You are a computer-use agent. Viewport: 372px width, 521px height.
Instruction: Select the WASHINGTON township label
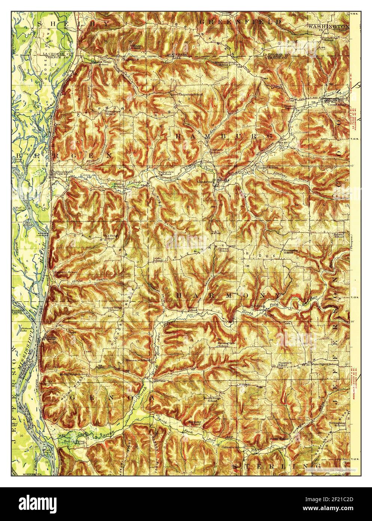tap(328, 26)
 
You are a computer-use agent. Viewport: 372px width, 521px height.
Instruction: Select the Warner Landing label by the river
tap(42, 235)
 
